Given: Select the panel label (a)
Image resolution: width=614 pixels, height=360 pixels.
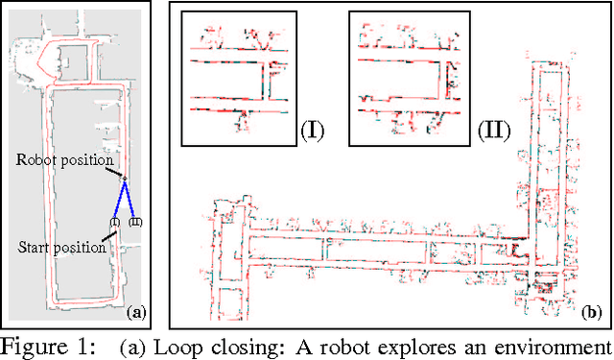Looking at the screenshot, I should (135, 312).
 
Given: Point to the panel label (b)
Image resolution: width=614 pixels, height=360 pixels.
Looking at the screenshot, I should (591, 312).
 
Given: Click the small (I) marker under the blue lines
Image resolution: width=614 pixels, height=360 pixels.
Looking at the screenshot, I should (114, 223).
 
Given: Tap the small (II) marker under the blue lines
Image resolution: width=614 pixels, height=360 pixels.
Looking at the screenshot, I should (135, 223).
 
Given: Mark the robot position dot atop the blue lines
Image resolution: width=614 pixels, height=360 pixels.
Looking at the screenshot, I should (124, 180).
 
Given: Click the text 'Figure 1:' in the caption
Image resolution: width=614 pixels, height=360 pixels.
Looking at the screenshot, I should (47, 347).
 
